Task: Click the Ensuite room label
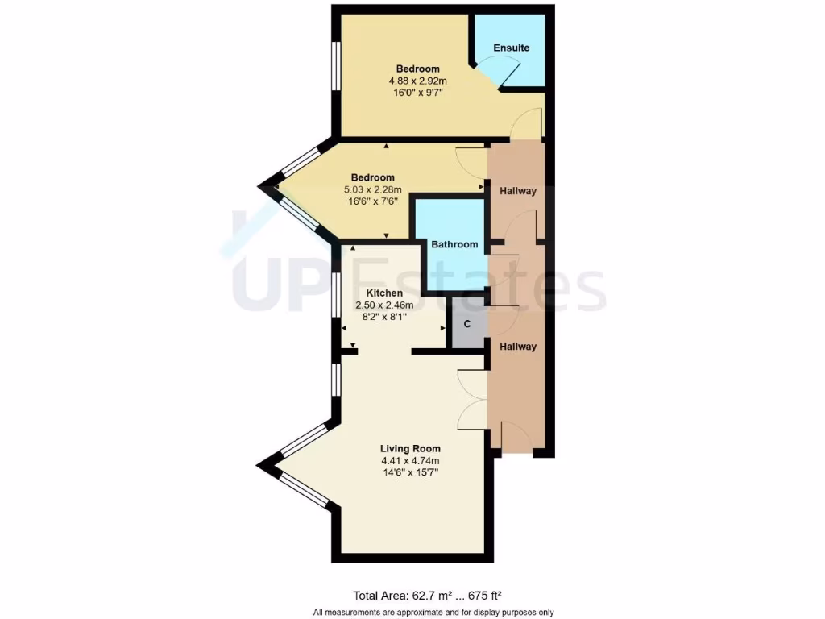(512, 48)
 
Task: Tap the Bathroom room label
(454, 244)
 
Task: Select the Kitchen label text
(384, 293)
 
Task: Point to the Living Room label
(410, 448)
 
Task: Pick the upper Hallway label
(517, 191)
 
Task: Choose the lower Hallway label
(517, 347)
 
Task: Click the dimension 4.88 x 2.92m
(417, 81)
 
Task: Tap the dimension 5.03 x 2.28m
(372, 190)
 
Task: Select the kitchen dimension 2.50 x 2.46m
(384, 305)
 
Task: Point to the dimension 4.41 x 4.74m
(411, 461)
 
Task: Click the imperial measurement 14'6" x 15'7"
(411, 473)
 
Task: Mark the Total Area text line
(428, 596)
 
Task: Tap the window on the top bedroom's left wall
(336, 72)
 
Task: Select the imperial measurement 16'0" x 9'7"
(417, 93)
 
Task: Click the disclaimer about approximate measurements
(433, 613)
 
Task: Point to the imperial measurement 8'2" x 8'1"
(384, 317)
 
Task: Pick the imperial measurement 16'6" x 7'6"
(372, 202)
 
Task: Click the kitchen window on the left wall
(336, 297)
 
